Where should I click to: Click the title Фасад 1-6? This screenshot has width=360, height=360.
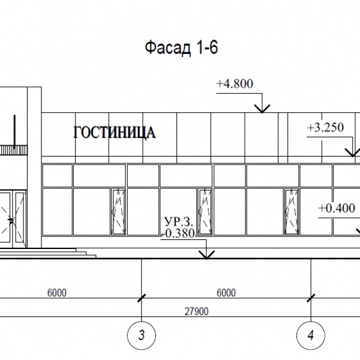click(181, 47)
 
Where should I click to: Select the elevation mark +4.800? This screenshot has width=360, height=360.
click(235, 83)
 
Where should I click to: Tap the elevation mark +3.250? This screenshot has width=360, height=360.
click(325, 127)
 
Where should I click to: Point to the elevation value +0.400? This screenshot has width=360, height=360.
click(337, 208)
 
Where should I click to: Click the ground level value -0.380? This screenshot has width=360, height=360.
click(178, 233)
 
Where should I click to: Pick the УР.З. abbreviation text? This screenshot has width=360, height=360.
click(179, 222)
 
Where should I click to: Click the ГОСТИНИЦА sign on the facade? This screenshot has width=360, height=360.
click(115, 133)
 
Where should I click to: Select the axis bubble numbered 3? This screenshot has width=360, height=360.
click(142, 335)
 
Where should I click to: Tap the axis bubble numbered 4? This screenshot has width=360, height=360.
click(311, 335)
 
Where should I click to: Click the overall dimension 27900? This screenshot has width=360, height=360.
click(197, 311)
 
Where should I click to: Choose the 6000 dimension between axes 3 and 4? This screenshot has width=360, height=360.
click(226, 293)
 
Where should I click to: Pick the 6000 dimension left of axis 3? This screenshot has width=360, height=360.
click(57, 293)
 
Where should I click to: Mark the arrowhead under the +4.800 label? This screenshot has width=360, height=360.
click(262, 109)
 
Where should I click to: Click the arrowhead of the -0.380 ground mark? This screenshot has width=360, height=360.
click(206, 255)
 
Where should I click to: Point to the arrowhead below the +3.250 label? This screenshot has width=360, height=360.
click(353, 152)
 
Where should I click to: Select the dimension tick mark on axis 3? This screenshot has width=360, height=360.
click(142, 298)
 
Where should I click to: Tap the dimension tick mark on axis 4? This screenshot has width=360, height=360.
click(311, 298)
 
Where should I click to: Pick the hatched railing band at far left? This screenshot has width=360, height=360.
click(13, 150)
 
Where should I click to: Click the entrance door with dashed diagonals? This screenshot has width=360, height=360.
click(13, 219)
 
